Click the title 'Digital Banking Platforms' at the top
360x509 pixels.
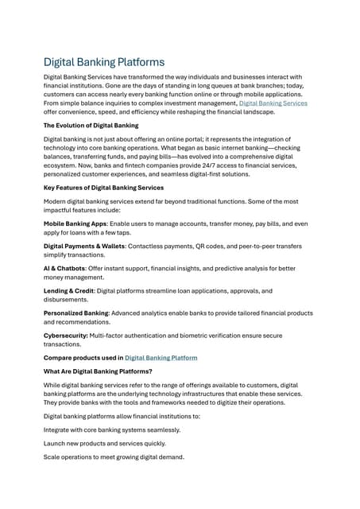point(104,61)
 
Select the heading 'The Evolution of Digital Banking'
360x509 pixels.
point(91,126)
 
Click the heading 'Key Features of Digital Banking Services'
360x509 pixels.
point(103,188)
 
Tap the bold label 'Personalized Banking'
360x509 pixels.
point(79,313)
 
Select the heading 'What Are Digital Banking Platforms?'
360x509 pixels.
point(99,371)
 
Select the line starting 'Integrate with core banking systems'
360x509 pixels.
point(111,429)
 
